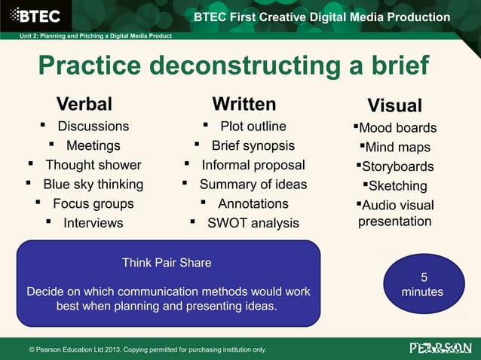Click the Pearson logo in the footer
(x=440, y=348)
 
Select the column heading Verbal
(x=84, y=103)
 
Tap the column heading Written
(x=244, y=103)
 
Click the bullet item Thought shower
(x=93, y=165)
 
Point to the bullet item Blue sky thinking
(x=93, y=185)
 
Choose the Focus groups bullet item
(x=93, y=204)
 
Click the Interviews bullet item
(x=93, y=223)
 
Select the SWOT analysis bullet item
(x=253, y=223)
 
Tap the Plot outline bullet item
(x=253, y=127)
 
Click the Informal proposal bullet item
(x=253, y=165)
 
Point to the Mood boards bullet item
(x=397, y=128)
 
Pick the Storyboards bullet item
(x=397, y=166)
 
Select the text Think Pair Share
(x=167, y=263)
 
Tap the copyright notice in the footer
(x=147, y=349)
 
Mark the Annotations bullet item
(x=253, y=204)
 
